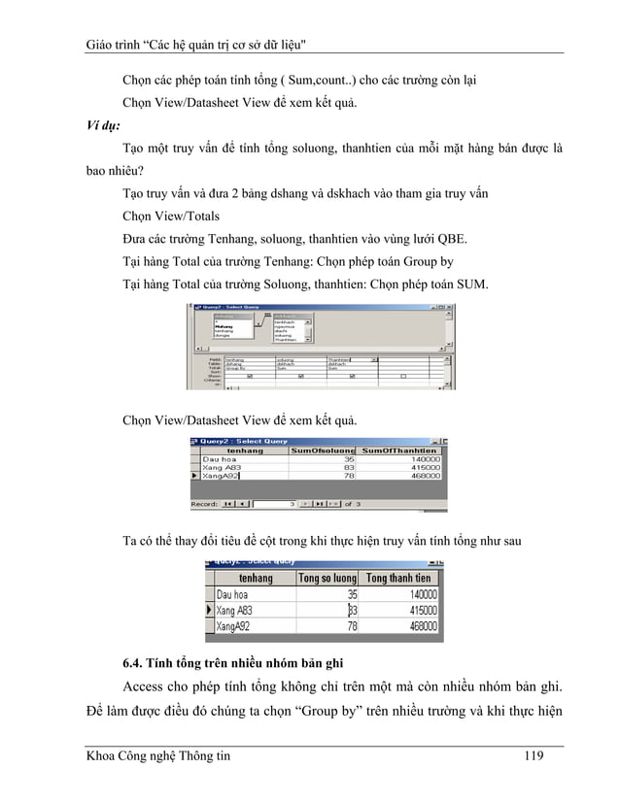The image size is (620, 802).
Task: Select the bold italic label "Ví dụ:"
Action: (x=101, y=125)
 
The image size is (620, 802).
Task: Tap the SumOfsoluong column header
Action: (x=324, y=451)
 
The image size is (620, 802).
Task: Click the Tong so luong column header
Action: (x=327, y=578)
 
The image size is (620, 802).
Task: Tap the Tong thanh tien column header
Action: (x=398, y=578)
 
